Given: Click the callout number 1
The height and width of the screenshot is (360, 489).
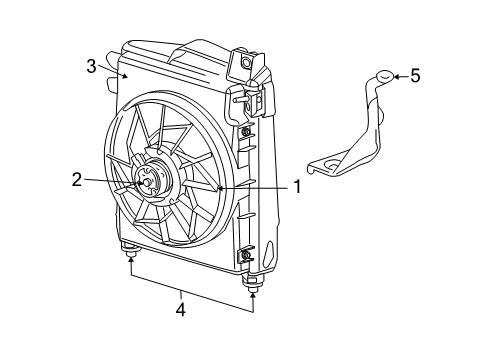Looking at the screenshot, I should coord(296,186).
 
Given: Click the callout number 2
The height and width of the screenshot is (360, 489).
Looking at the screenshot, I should coord(76,180).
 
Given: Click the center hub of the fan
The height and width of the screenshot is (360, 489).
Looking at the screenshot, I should coord(147,182).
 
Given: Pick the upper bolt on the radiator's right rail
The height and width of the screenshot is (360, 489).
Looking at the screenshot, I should coord(246,132).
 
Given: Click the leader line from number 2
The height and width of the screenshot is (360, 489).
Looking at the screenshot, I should coord(110,181).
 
